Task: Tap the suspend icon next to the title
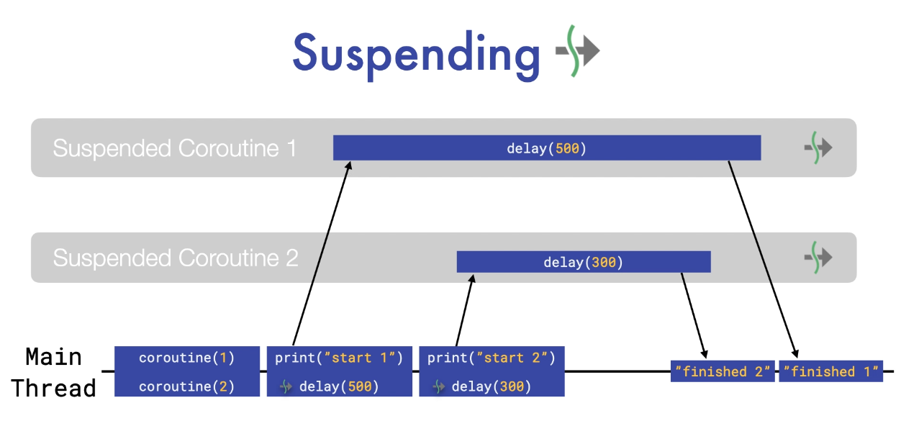[578, 50]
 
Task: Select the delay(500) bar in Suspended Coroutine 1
[547, 148]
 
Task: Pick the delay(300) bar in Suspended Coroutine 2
[584, 262]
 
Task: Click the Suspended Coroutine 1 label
[174, 148]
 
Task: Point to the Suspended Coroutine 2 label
[175, 258]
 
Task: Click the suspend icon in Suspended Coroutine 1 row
[818, 148]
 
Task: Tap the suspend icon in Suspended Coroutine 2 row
[818, 257]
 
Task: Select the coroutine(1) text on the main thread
[187, 358]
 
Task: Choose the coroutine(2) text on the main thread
[187, 386]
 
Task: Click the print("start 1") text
[339, 358]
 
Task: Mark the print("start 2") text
[492, 358]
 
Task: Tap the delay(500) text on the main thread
[339, 387]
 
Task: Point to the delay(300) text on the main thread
[492, 387]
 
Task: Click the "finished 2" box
[723, 371]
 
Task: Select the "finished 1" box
[830, 371]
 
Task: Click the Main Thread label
[53, 372]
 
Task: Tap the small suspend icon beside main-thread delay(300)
[438, 387]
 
